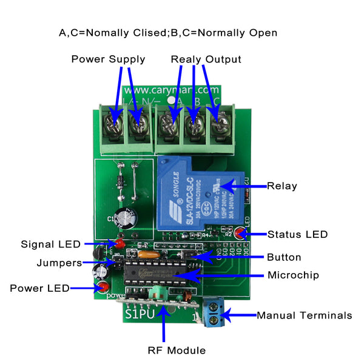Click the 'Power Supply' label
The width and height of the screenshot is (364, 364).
[x=108, y=59]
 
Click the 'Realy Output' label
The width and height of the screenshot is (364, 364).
[x=206, y=59]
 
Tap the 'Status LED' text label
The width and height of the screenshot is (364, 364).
[x=297, y=234]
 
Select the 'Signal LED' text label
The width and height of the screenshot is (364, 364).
[x=50, y=244]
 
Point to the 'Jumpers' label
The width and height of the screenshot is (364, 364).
[x=59, y=263]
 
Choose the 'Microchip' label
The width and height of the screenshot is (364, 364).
[x=293, y=275]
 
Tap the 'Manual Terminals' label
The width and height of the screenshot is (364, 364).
[x=304, y=315]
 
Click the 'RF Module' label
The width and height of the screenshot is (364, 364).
[x=177, y=350]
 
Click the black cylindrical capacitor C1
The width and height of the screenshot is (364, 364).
[x=126, y=217]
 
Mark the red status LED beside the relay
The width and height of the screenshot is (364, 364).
[x=241, y=232]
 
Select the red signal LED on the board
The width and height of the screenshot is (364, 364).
[x=120, y=244]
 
